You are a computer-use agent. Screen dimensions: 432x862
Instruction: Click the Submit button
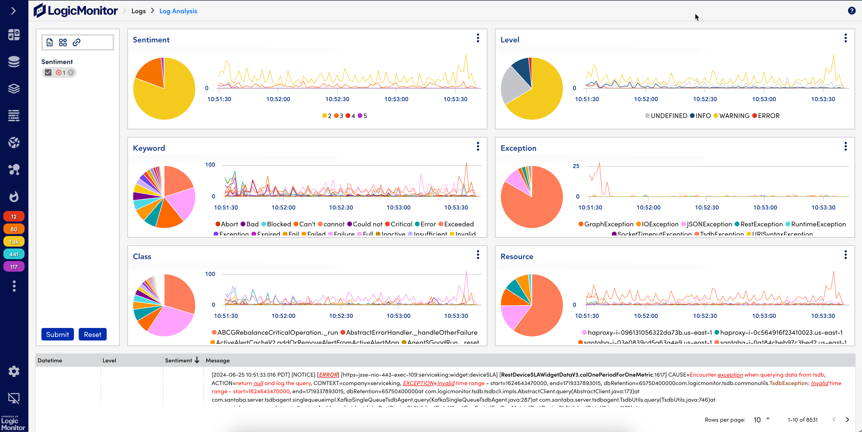(x=57, y=334)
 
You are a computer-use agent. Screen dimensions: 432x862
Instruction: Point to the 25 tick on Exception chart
(x=576, y=166)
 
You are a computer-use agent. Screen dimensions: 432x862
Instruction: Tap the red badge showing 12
(x=14, y=216)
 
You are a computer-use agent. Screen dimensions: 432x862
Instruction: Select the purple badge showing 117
(x=14, y=267)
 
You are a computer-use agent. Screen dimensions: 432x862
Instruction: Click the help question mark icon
(x=851, y=11)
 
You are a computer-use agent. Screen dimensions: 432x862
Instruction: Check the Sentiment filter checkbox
(x=48, y=73)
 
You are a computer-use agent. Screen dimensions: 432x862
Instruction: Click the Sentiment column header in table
(x=178, y=360)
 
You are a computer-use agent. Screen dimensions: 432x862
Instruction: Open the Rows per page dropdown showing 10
(x=761, y=420)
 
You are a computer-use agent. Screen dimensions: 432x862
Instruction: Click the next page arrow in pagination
(x=847, y=420)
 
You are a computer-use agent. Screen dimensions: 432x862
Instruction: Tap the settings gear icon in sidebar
(x=14, y=371)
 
